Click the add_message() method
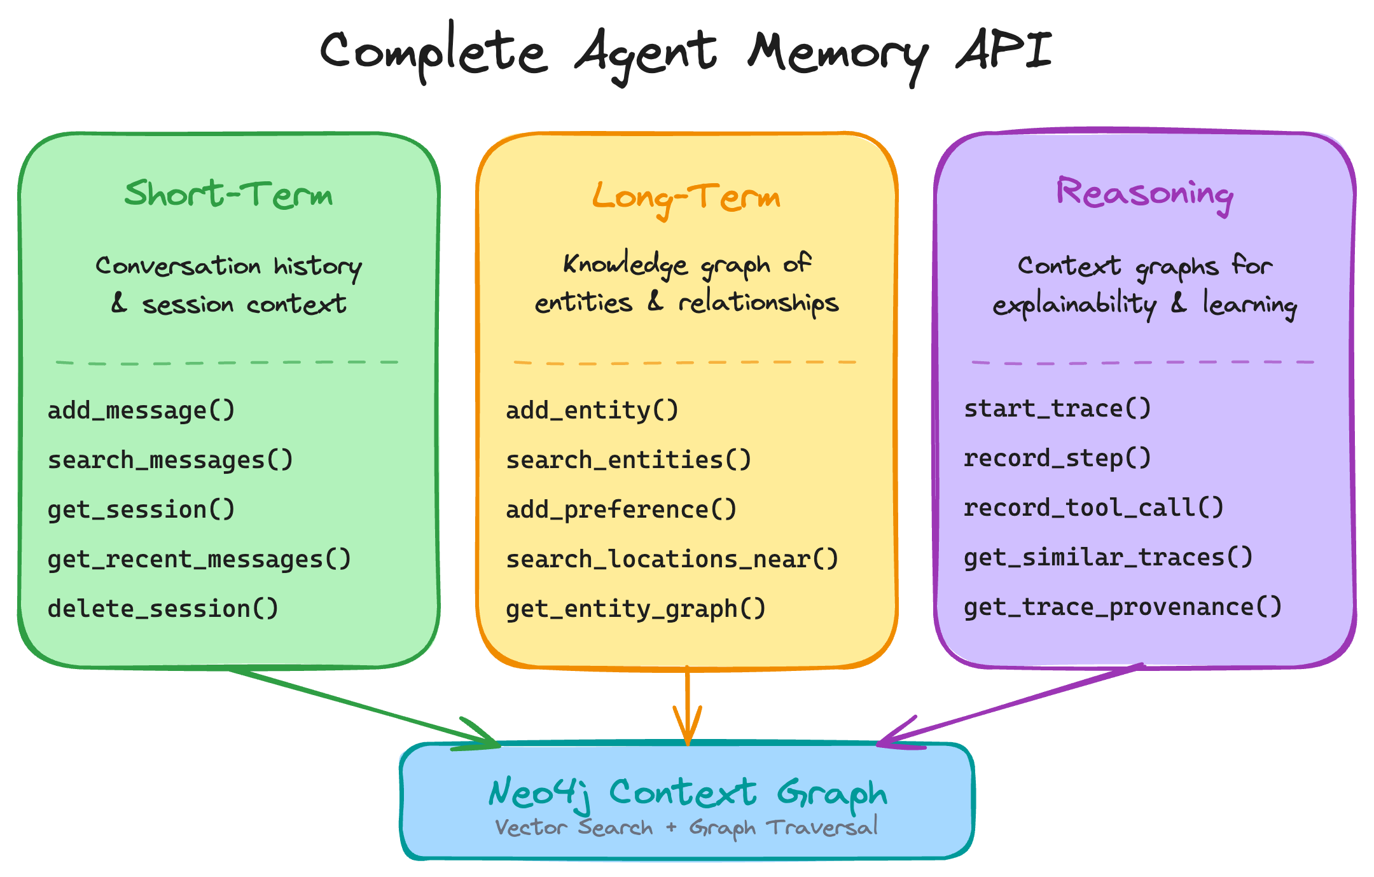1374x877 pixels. coord(141,411)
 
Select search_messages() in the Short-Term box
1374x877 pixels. coord(170,460)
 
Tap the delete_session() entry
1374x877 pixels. coord(163,609)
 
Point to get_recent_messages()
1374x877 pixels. coord(199,560)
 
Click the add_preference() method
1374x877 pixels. coord(621,510)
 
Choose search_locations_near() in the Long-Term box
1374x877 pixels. coord(672,560)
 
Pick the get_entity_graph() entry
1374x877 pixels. coord(635,609)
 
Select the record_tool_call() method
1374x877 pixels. coord(1093,508)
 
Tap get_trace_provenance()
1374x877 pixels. coord(1123,607)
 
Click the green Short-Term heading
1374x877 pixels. coord(228,194)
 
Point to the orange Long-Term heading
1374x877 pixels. coord(686,197)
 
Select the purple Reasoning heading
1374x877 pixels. coord(1144,193)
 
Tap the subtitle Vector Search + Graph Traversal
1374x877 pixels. coord(686,827)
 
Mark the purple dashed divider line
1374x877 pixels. coord(1142,363)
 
